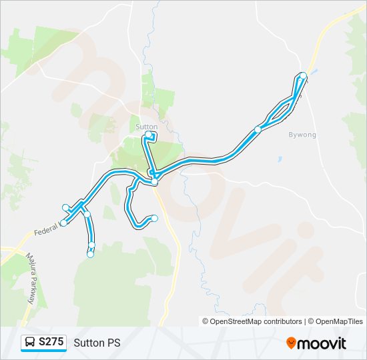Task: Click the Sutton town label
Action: (x=146, y=127)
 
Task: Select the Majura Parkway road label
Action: (x=30, y=277)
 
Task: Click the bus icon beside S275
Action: (x=30, y=343)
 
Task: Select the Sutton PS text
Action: (x=97, y=343)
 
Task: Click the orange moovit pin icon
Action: (x=292, y=343)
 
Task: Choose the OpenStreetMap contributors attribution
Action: (x=252, y=321)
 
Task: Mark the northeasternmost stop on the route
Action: (x=304, y=75)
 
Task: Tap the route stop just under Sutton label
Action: (x=149, y=135)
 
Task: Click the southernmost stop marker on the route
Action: (x=90, y=253)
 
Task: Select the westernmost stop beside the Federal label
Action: (x=63, y=223)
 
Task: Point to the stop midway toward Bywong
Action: (x=258, y=129)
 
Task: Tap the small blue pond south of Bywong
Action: (x=280, y=160)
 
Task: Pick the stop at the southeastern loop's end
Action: (x=155, y=218)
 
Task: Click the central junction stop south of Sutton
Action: (x=154, y=181)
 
